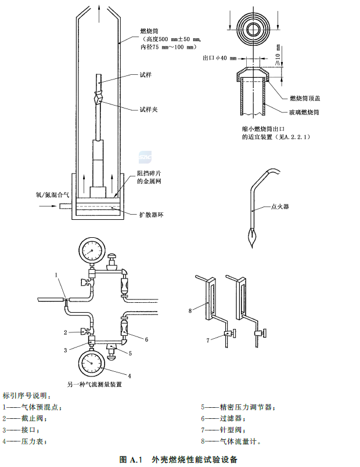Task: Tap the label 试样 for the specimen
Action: click(x=146, y=75)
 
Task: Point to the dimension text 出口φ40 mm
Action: click(x=220, y=58)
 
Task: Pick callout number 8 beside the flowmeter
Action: click(x=190, y=311)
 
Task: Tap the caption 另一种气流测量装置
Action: click(x=95, y=384)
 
